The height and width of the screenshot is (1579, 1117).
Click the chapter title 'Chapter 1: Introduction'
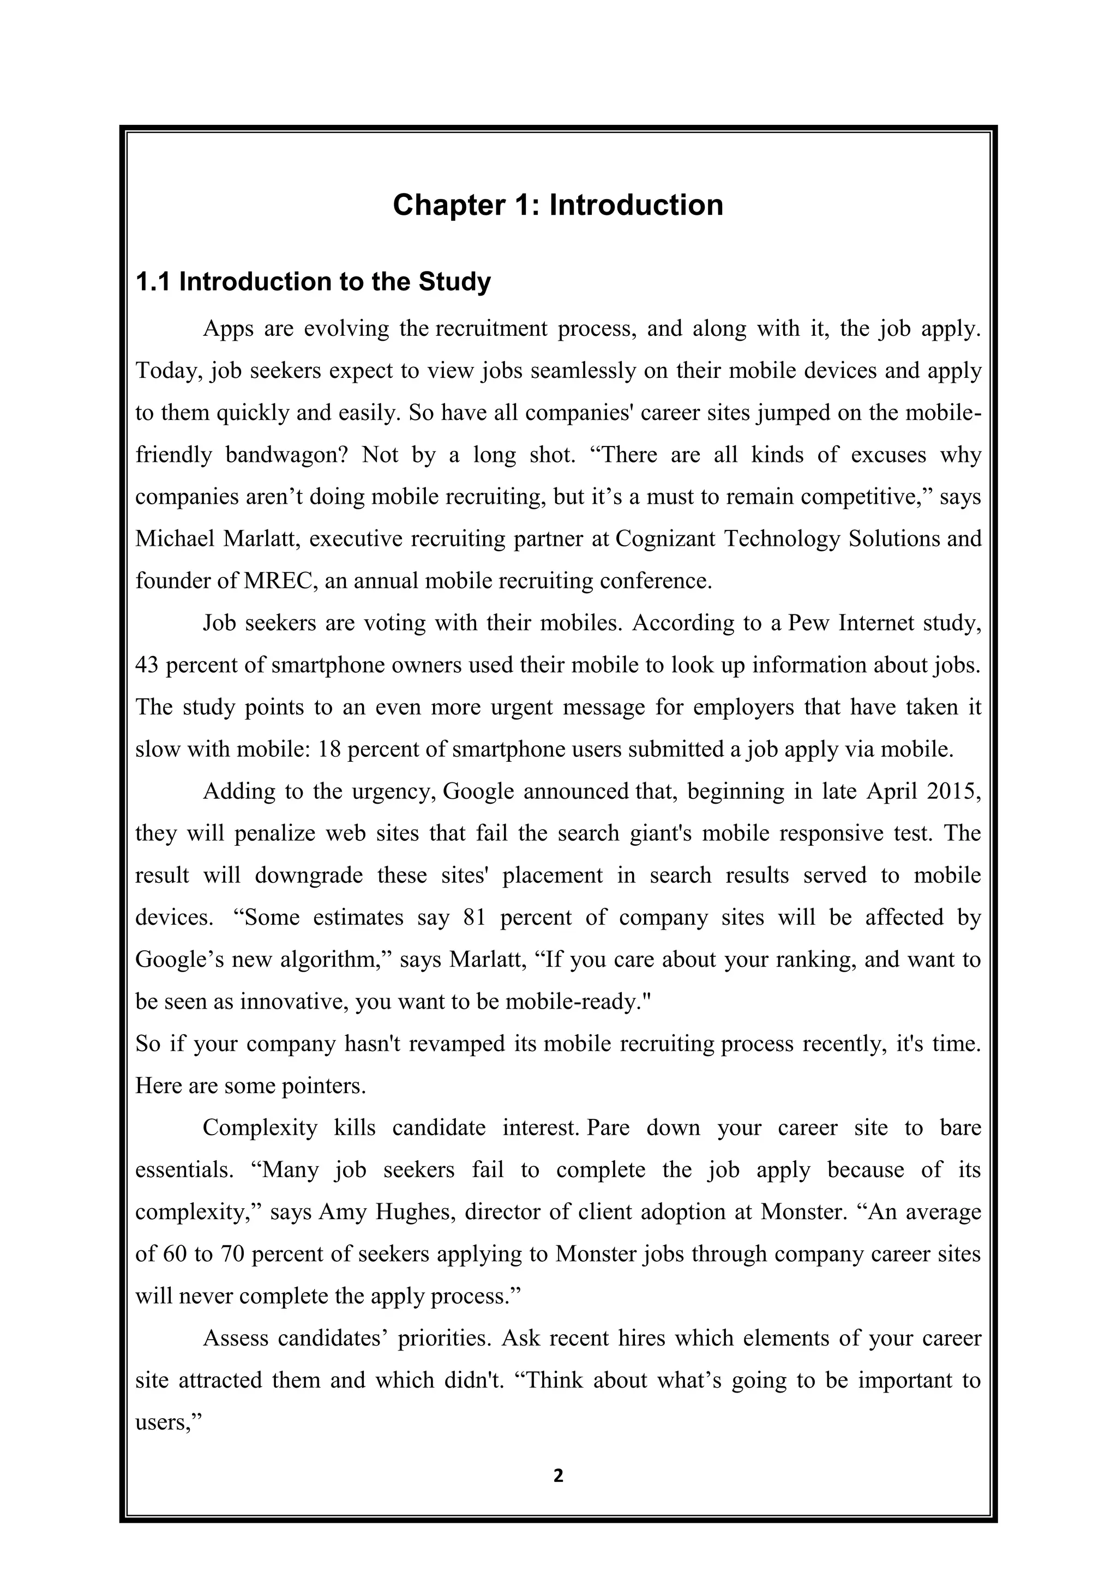[558, 205]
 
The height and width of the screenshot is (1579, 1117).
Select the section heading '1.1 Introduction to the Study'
[313, 282]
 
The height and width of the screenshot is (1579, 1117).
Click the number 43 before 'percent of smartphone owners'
[147, 666]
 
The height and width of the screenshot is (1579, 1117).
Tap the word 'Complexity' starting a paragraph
[260, 1129]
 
